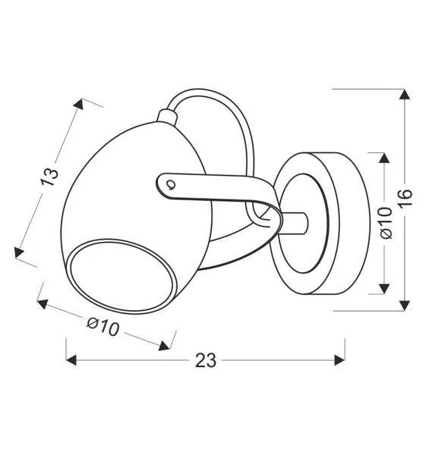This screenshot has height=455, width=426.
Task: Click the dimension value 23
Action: (206, 360)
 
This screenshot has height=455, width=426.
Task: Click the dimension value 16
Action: (405, 198)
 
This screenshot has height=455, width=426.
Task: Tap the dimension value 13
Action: (49, 177)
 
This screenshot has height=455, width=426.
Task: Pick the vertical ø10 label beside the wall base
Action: (386, 222)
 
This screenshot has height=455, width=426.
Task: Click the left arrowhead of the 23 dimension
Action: (71, 360)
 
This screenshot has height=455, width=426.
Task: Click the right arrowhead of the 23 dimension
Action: (339, 360)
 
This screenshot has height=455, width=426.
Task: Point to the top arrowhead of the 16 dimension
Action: (405, 94)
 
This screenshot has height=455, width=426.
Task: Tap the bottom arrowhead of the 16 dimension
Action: (405, 306)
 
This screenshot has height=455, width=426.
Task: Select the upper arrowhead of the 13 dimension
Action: (79, 104)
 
